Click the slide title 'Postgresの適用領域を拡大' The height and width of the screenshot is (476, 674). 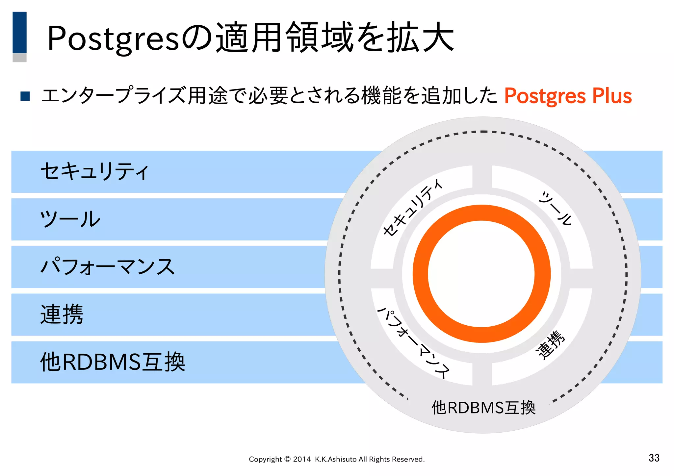click(x=250, y=38)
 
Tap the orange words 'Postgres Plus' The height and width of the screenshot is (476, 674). click(x=568, y=96)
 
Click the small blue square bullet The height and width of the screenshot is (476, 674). click(x=25, y=96)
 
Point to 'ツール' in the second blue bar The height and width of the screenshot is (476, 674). click(x=70, y=219)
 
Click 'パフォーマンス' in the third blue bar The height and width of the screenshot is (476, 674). click(x=108, y=267)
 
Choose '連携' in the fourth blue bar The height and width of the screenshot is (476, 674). click(x=62, y=314)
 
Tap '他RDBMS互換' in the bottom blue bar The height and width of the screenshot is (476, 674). click(x=113, y=362)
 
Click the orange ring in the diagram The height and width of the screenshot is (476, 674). click(x=420, y=274)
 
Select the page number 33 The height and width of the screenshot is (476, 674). click(x=654, y=458)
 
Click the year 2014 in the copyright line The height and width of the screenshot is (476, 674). click(x=302, y=459)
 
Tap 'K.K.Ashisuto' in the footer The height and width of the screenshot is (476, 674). click(x=336, y=459)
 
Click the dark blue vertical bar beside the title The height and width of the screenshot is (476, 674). click(x=19, y=32)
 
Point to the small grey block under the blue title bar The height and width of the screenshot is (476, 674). click(x=19, y=58)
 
